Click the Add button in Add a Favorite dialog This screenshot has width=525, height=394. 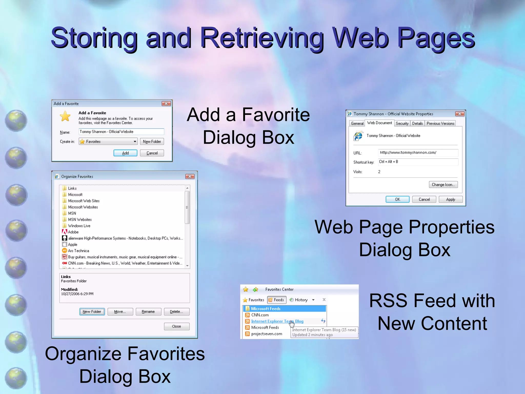point(125,153)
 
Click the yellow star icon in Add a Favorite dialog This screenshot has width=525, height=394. point(65,116)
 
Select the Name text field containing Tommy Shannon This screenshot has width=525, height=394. point(121,132)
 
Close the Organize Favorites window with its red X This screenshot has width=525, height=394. point(190,176)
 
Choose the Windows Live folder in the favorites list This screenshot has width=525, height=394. point(79,226)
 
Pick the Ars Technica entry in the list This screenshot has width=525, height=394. point(78,251)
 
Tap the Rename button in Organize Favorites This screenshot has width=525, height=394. point(148,312)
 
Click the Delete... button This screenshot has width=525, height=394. point(176,312)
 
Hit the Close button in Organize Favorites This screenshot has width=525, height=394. point(176,326)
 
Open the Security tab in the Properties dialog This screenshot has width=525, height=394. point(402,123)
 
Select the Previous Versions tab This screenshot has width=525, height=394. point(440,123)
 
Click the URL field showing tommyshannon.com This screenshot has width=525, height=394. point(418,153)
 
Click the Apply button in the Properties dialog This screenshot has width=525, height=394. point(450,199)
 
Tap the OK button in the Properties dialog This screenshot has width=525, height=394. point(397,199)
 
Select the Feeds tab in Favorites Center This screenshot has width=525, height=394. point(276,300)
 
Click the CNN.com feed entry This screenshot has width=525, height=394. point(260,315)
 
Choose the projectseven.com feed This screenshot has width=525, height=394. point(267,334)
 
